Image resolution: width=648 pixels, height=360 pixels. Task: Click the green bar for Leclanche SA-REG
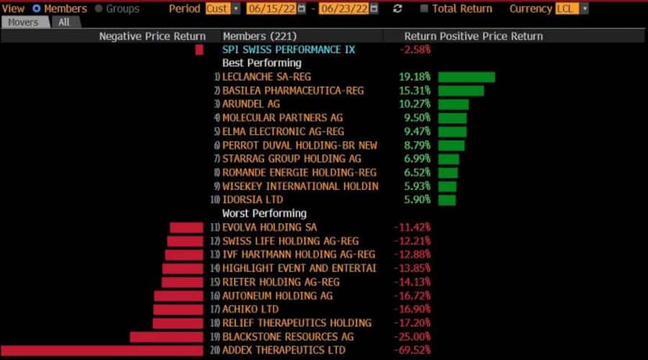[x=466, y=77]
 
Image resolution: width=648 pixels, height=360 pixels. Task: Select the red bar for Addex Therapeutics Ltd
[x=102, y=351]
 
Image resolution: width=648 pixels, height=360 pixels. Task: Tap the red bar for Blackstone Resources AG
[x=166, y=337]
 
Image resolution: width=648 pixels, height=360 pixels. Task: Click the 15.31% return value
[x=415, y=91]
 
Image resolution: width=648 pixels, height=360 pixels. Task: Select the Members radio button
[x=37, y=9]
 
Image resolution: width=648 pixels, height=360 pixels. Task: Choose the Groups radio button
[x=99, y=9]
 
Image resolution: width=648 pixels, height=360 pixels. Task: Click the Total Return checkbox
[x=425, y=9]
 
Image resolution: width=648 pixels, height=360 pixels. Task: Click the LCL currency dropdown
[x=572, y=9]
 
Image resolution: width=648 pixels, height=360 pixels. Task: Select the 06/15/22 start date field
[x=271, y=9]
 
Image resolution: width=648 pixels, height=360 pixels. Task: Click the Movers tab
[x=25, y=22]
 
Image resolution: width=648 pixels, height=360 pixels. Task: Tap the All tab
[x=64, y=22]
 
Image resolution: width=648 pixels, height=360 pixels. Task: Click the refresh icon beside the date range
[x=397, y=9]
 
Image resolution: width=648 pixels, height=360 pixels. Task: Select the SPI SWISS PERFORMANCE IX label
[x=289, y=50]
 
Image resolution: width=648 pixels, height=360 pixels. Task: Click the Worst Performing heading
[x=264, y=213]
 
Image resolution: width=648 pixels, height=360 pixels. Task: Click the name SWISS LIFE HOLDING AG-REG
[x=290, y=241]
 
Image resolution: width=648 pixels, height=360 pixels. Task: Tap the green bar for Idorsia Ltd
[x=446, y=200]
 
